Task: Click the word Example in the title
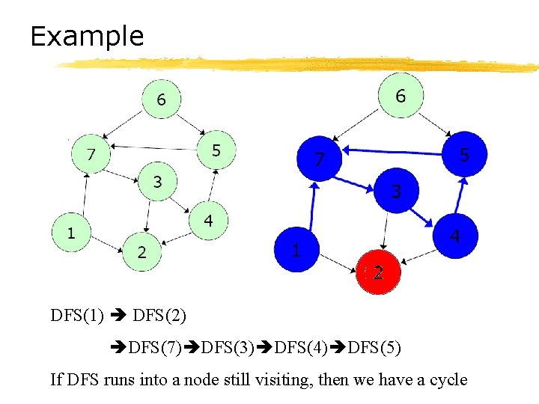click(87, 36)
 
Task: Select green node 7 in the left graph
click(90, 155)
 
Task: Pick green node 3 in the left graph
click(157, 182)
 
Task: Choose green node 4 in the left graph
click(208, 221)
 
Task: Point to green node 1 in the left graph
click(70, 233)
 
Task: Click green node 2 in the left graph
click(142, 252)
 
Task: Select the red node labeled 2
click(378, 273)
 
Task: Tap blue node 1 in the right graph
click(296, 250)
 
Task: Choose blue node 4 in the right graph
click(455, 236)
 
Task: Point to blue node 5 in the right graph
click(464, 155)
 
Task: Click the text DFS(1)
click(77, 315)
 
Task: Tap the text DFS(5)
click(375, 347)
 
